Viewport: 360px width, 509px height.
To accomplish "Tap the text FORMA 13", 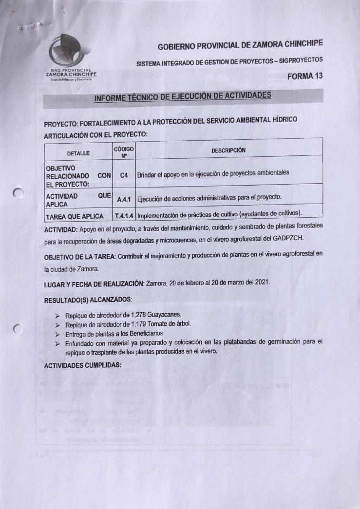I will point(305,76).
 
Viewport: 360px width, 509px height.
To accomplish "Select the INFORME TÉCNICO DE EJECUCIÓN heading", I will point(183,96).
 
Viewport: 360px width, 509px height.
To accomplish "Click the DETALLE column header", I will point(78,152).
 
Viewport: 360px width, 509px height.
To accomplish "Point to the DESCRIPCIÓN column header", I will point(228,150).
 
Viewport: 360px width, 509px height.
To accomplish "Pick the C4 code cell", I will point(123,174).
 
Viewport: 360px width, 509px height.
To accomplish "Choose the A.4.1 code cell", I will point(123,198).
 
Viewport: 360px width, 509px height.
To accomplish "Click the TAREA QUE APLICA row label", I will point(75,216).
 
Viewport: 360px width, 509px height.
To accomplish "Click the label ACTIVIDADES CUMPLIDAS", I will point(82,365).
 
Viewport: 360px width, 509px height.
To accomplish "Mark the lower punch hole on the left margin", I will point(19,330).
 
